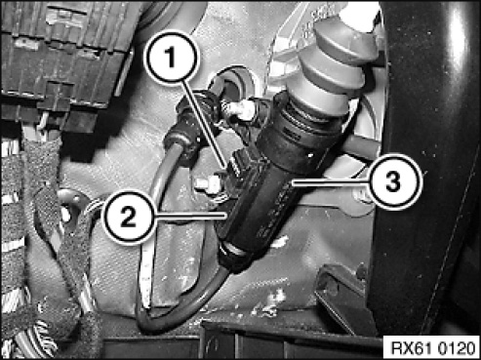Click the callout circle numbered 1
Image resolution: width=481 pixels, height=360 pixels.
point(171,58)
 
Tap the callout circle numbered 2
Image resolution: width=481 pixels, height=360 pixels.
point(129,217)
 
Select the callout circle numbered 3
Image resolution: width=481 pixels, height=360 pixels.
point(394,181)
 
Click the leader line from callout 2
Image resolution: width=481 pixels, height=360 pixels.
point(190,216)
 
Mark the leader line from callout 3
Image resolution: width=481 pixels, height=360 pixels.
point(331,182)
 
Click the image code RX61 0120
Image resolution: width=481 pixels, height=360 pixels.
point(432,348)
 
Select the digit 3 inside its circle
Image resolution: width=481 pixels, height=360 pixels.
point(393,181)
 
